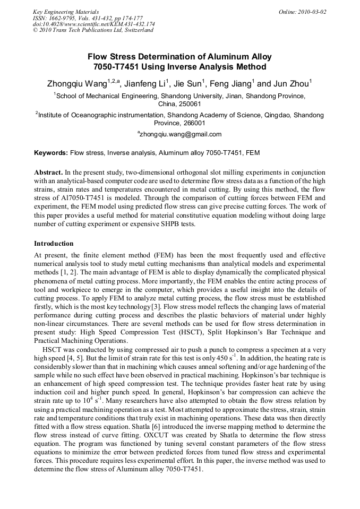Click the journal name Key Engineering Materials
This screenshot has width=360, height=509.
click(x=66, y=12)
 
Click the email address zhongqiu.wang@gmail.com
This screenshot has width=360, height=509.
click(x=181, y=134)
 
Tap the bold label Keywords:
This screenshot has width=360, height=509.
click(x=51, y=153)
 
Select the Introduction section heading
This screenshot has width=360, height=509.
click(x=54, y=244)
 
